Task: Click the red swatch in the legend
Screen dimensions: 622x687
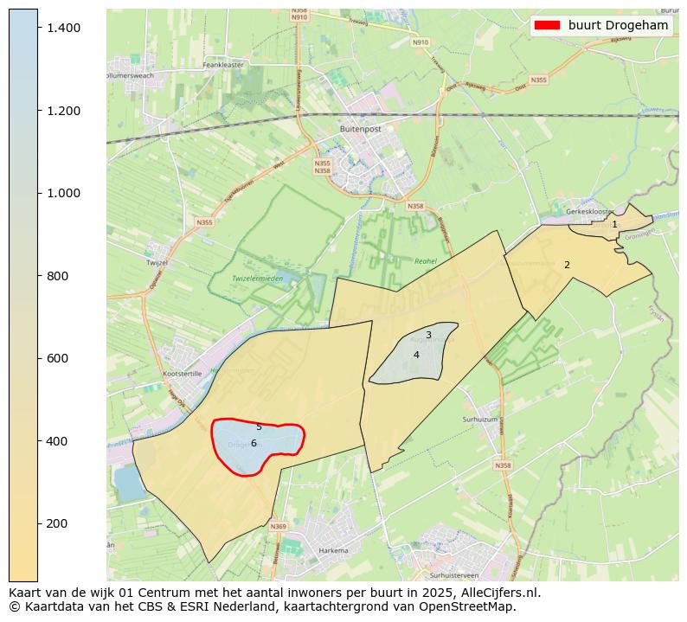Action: click(548, 25)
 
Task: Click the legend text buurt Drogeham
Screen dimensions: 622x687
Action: click(618, 25)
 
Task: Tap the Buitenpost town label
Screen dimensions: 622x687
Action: click(360, 128)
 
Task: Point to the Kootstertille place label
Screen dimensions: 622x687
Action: click(183, 374)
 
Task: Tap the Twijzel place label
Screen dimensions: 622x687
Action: click(157, 261)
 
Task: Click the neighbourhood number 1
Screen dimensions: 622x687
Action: click(614, 224)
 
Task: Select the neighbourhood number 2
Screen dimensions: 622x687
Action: click(567, 265)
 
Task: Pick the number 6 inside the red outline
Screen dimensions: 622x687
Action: click(254, 443)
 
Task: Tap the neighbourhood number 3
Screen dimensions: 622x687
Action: click(428, 335)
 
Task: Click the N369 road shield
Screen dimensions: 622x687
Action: click(278, 526)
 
